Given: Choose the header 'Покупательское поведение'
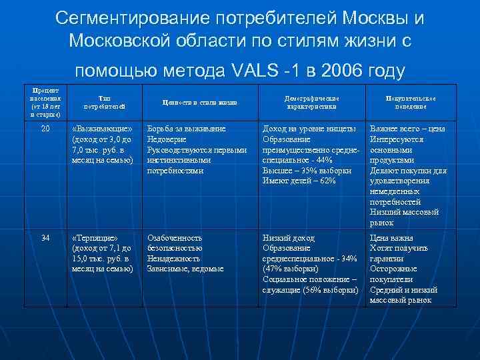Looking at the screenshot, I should (x=406, y=102).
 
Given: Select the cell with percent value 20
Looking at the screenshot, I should (x=45, y=128).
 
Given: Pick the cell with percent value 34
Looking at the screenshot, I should (x=45, y=238).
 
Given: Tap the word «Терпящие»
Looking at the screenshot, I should (x=96, y=238).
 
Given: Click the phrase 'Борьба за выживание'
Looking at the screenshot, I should (x=186, y=128).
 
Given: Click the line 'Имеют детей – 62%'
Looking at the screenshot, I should (x=299, y=181).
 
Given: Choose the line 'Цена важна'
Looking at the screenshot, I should (x=392, y=238).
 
